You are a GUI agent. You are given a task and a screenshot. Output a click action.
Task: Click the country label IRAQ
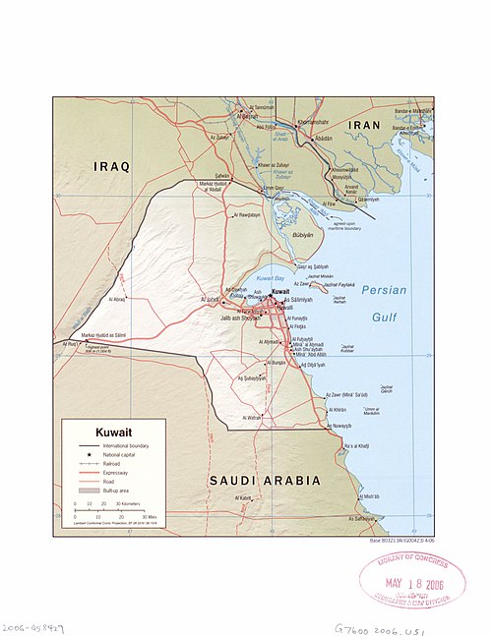tap(111, 166)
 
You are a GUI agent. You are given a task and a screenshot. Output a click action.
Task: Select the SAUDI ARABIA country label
tap(265, 480)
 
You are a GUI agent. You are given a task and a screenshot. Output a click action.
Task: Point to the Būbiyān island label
tap(307, 236)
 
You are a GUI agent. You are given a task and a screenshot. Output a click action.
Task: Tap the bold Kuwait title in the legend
tap(115, 433)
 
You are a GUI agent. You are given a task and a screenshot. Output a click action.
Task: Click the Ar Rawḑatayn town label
tap(245, 214)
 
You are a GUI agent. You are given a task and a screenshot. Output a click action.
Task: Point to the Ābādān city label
tap(327, 140)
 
